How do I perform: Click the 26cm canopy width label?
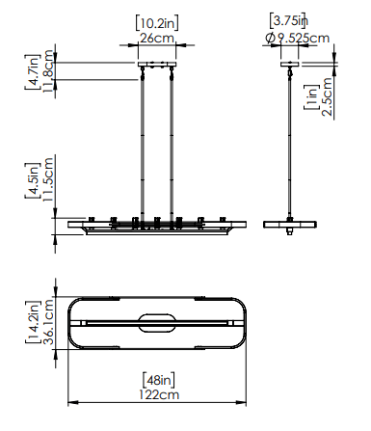[157, 39]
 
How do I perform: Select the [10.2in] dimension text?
[157, 22]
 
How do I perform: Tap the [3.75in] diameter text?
[288, 20]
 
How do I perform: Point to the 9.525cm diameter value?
[304, 38]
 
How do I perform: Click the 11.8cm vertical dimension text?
[48, 70]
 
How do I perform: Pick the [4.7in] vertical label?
[33, 72]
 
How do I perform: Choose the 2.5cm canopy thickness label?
[327, 97]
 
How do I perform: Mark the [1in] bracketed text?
[311, 97]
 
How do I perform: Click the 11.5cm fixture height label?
[48, 179]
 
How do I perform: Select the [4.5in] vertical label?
[33, 180]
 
